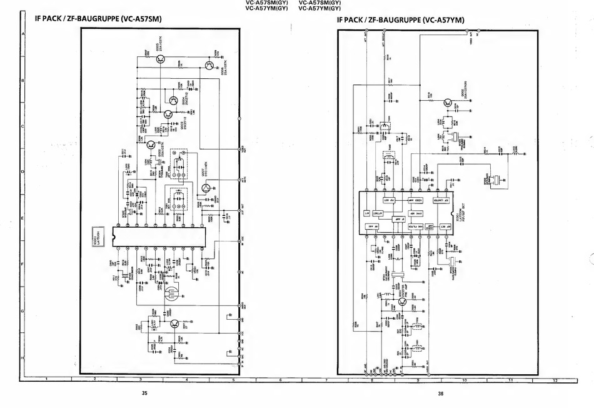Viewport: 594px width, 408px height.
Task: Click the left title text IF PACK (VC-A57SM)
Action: point(99,19)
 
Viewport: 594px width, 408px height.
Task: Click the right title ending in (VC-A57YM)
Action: point(400,19)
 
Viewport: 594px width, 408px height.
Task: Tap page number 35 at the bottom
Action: point(144,393)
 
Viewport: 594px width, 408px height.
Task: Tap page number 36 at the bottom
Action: point(440,393)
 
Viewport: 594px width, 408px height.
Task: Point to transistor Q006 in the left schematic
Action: point(209,65)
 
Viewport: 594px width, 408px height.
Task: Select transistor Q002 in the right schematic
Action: point(448,103)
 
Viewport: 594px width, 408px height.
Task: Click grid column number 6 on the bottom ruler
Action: point(280,380)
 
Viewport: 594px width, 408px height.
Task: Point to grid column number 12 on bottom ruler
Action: point(554,380)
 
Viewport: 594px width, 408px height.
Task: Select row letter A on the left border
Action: point(23,34)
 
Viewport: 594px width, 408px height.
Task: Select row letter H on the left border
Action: point(23,357)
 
